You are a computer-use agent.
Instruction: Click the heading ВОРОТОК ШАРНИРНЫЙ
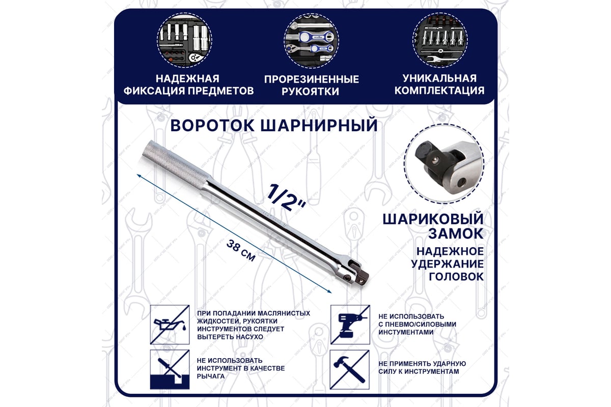point(274,125)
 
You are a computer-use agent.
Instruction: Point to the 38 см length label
point(240,249)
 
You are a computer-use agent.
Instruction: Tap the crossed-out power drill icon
point(349,324)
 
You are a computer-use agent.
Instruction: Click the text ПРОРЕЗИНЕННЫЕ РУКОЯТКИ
point(311,85)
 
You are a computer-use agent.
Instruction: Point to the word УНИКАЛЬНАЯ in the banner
point(439,78)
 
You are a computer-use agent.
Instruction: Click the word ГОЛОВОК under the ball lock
point(456,277)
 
